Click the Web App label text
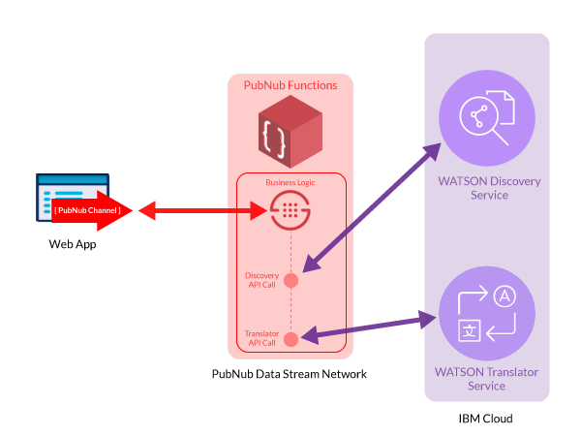pyautogui.click(x=73, y=243)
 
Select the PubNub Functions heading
pyautogui.click(x=290, y=85)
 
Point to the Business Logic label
pyautogui.click(x=290, y=182)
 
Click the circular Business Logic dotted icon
pyautogui.click(x=290, y=209)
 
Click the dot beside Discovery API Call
pyautogui.click(x=290, y=280)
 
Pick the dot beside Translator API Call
pyautogui.click(x=290, y=338)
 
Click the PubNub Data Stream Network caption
pyautogui.click(x=290, y=374)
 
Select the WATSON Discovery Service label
pyautogui.click(x=487, y=187)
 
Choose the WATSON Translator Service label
pyautogui.click(x=487, y=379)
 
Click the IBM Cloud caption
pyautogui.click(x=485, y=419)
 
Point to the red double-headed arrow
pyautogui.click(x=199, y=209)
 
